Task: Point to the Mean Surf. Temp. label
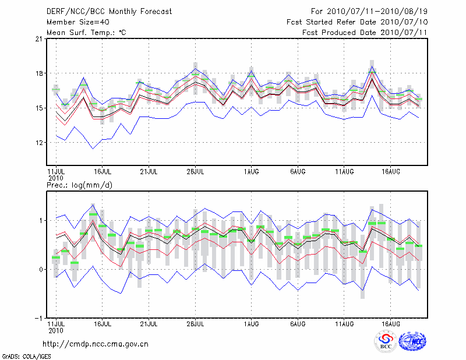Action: click(x=86, y=33)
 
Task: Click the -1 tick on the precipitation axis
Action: click(x=38, y=319)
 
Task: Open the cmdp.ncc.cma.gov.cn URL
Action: click(x=96, y=344)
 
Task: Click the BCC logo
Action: click(x=386, y=341)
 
